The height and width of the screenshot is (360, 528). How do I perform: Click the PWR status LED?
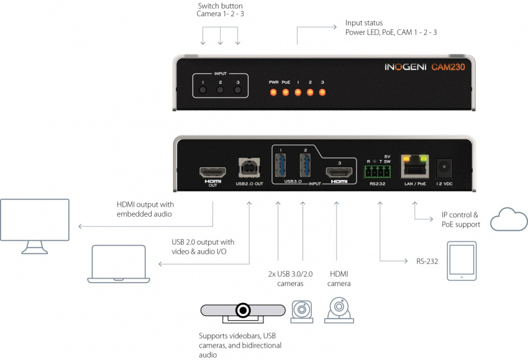[273, 92]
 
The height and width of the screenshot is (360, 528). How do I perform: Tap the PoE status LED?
[286, 92]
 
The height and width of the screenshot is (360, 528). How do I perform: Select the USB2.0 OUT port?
[249, 168]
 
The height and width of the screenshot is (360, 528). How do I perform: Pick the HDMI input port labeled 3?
[339, 173]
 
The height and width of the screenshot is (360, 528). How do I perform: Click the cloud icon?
[509, 220]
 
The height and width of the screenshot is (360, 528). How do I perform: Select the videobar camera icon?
[243, 311]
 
